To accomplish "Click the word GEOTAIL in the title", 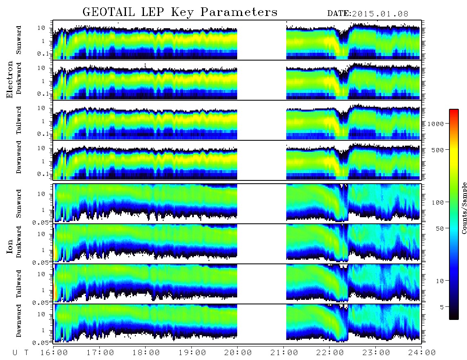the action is [x=109, y=12].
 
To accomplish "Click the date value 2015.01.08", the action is [x=380, y=14].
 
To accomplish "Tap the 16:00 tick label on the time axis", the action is [x=54, y=353].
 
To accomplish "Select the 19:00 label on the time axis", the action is [x=192, y=353].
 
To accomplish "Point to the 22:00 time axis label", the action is [x=330, y=353].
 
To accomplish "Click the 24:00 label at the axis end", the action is [x=422, y=353].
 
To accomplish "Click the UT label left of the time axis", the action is [x=20, y=353].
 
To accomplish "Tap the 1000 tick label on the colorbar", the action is [x=436, y=124].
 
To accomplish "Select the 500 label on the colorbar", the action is [x=438, y=150].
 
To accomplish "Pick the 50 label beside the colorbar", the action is [x=440, y=229].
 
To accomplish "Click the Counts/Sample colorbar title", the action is [x=464, y=208].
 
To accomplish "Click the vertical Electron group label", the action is [x=10, y=79].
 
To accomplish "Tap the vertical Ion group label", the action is [x=10, y=247].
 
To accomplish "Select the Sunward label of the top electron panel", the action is [x=19, y=40].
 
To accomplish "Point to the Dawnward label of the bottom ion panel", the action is [x=19, y=321].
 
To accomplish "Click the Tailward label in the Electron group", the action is [x=19, y=120].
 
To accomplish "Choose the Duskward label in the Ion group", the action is [x=19, y=242].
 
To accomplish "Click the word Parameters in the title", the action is [x=239, y=12].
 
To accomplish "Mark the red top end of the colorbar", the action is [x=454, y=110].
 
